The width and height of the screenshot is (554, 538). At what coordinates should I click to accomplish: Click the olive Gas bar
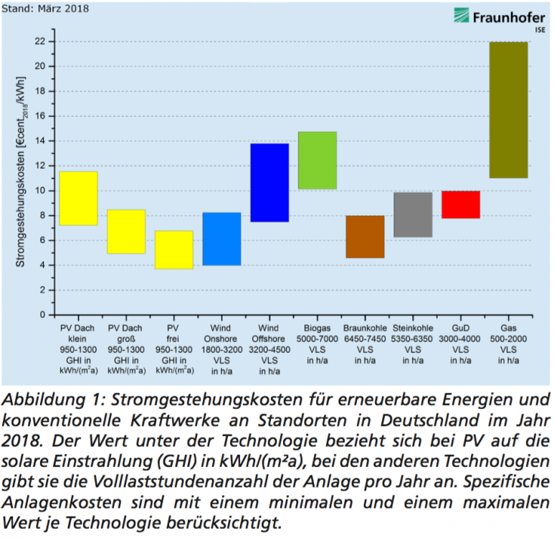(508, 110)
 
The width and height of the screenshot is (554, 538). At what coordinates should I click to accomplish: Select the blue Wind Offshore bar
(269, 182)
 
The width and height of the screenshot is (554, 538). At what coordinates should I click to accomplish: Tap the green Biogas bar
(317, 160)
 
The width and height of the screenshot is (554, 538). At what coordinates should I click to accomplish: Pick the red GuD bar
(460, 204)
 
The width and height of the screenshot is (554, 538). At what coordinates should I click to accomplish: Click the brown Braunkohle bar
(365, 236)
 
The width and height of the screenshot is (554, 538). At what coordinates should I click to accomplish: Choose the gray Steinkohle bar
(413, 214)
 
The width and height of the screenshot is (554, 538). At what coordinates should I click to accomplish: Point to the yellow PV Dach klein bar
(78, 198)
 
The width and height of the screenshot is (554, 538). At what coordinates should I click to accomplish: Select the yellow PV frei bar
(173, 250)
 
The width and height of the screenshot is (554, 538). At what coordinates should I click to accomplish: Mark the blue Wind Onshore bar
(221, 239)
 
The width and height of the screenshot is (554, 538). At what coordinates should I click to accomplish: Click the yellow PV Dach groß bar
(126, 231)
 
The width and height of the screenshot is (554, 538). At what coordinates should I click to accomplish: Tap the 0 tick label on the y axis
(44, 315)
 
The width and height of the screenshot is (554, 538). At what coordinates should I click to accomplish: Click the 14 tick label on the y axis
(42, 141)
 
